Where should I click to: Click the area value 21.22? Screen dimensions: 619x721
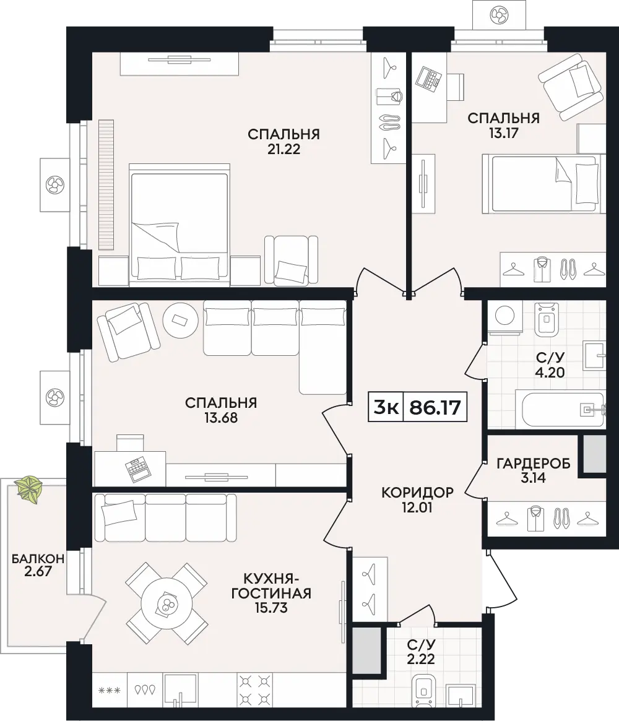point(284,149)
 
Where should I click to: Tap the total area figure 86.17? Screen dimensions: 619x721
point(435,407)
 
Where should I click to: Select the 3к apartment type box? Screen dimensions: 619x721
point(386,407)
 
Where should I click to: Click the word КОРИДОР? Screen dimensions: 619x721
point(417,493)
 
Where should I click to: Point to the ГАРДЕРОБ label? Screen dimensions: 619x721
point(534,463)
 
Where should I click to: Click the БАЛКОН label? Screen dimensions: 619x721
point(38,559)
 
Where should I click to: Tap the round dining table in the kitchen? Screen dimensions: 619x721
point(167,604)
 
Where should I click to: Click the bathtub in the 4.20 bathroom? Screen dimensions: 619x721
point(561,409)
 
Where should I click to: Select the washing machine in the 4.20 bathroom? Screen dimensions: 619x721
point(505,317)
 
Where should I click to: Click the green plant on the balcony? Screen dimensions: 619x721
point(28,489)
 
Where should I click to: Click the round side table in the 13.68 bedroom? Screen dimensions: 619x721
point(180,321)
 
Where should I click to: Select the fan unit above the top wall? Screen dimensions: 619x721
point(500,15)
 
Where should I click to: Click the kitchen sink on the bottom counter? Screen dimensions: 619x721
point(181,689)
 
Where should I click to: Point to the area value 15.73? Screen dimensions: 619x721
point(271,607)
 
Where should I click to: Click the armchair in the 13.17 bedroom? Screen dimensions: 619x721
point(571,87)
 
